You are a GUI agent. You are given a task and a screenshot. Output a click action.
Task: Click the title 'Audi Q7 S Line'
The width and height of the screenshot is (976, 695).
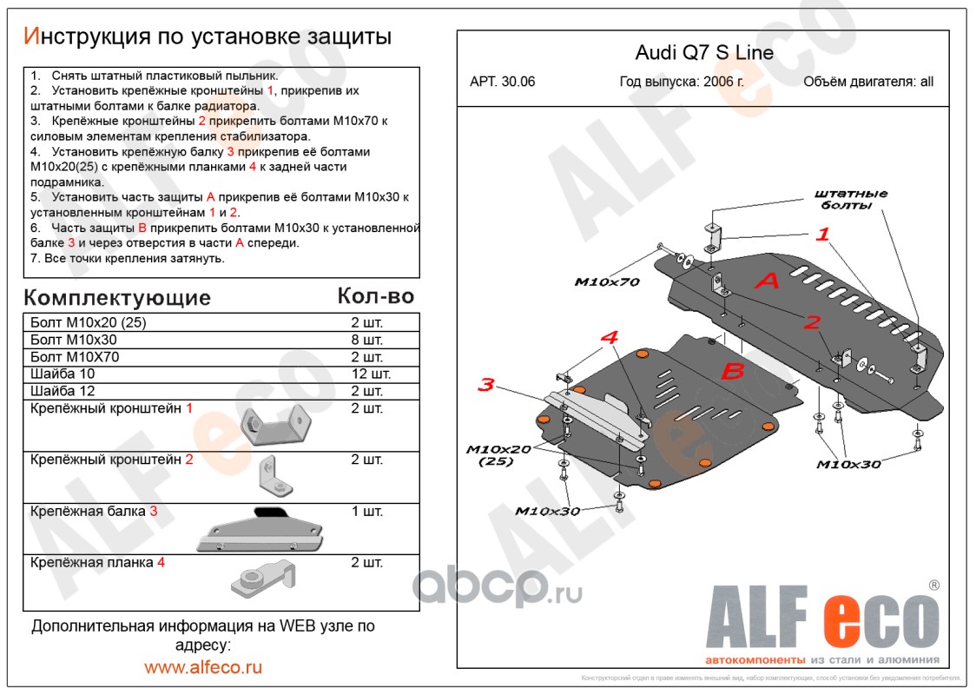704,52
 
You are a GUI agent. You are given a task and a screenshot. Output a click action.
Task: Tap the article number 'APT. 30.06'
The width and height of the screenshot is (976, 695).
502,82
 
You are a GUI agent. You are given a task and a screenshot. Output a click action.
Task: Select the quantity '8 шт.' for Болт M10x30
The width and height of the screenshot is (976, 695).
366,340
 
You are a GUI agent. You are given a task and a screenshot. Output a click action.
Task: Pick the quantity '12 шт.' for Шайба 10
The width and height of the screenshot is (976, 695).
371,374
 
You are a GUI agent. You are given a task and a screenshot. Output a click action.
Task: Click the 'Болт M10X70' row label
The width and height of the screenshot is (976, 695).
75,357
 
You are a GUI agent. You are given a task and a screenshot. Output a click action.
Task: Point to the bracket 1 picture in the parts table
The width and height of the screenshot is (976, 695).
276,425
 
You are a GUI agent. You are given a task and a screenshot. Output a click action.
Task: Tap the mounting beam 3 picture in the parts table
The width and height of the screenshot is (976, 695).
260,530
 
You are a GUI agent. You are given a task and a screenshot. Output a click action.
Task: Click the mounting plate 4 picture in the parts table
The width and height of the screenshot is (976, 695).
263,579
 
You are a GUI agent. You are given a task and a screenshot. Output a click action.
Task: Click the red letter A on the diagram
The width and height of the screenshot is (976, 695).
767,281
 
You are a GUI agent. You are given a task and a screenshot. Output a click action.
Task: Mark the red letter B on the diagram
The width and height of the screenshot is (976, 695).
733,371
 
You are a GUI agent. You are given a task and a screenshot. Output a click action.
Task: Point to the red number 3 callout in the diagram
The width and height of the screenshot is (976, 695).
486,384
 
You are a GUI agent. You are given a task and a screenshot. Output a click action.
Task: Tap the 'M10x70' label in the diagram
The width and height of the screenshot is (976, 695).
607,282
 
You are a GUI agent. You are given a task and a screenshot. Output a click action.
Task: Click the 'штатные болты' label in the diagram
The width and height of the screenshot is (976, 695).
851,199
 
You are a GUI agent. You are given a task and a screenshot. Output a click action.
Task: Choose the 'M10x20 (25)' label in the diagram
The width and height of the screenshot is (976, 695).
498,455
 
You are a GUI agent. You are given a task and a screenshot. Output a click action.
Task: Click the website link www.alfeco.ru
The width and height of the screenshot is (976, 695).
203,667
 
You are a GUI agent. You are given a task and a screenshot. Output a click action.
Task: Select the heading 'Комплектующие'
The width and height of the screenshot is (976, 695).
117,298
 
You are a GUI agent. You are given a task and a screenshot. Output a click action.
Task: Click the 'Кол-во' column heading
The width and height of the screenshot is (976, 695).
375,296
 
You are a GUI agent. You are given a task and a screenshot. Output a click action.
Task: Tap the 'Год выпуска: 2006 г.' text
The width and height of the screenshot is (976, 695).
682,82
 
